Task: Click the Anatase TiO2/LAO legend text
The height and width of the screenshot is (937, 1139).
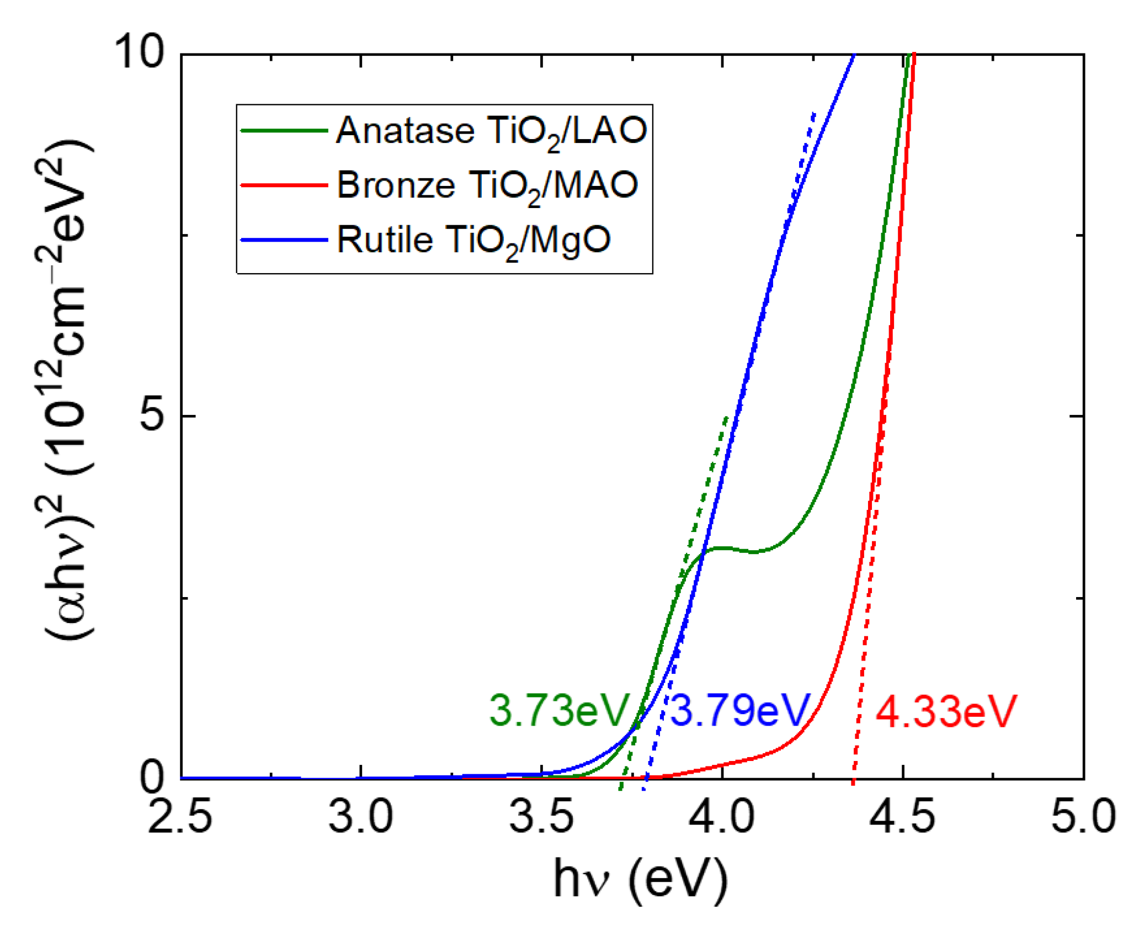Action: [x=491, y=131]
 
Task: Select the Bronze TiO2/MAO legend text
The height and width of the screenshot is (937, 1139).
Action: [x=487, y=185]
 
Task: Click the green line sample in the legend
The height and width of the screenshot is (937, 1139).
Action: [x=285, y=131]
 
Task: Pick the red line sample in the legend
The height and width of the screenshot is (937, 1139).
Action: [x=285, y=185]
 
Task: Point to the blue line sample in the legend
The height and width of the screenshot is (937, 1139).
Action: [x=285, y=239]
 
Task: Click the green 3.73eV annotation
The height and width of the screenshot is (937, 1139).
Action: [x=559, y=711]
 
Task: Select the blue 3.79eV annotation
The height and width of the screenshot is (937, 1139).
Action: [x=740, y=711]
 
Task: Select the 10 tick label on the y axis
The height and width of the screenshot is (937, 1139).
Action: [x=139, y=52]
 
